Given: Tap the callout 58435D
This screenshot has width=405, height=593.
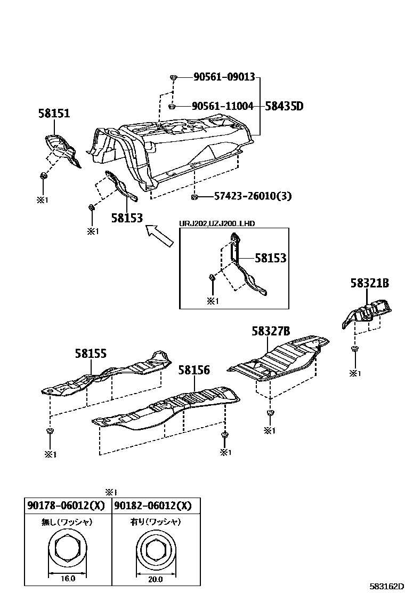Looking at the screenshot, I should pyautogui.click(x=284, y=106).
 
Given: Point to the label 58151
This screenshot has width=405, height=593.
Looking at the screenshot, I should pyautogui.click(x=54, y=113).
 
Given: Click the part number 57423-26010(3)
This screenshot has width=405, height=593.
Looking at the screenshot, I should pyautogui.click(x=253, y=196).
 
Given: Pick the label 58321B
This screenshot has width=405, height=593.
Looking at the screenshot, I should pyautogui.click(x=370, y=283).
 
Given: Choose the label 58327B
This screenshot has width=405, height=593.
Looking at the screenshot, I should pyautogui.click(x=271, y=331).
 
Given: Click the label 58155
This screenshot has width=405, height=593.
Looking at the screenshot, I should pyautogui.click(x=91, y=352).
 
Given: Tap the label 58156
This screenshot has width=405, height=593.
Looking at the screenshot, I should pyautogui.click(x=194, y=370).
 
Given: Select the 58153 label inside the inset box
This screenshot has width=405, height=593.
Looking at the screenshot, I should pyautogui.click(x=270, y=258).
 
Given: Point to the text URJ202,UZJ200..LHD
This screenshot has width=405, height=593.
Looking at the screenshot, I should pyautogui.click(x=216, y=223).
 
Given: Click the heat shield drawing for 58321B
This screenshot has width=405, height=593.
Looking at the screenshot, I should pyautogui.click(x=368, y=311).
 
